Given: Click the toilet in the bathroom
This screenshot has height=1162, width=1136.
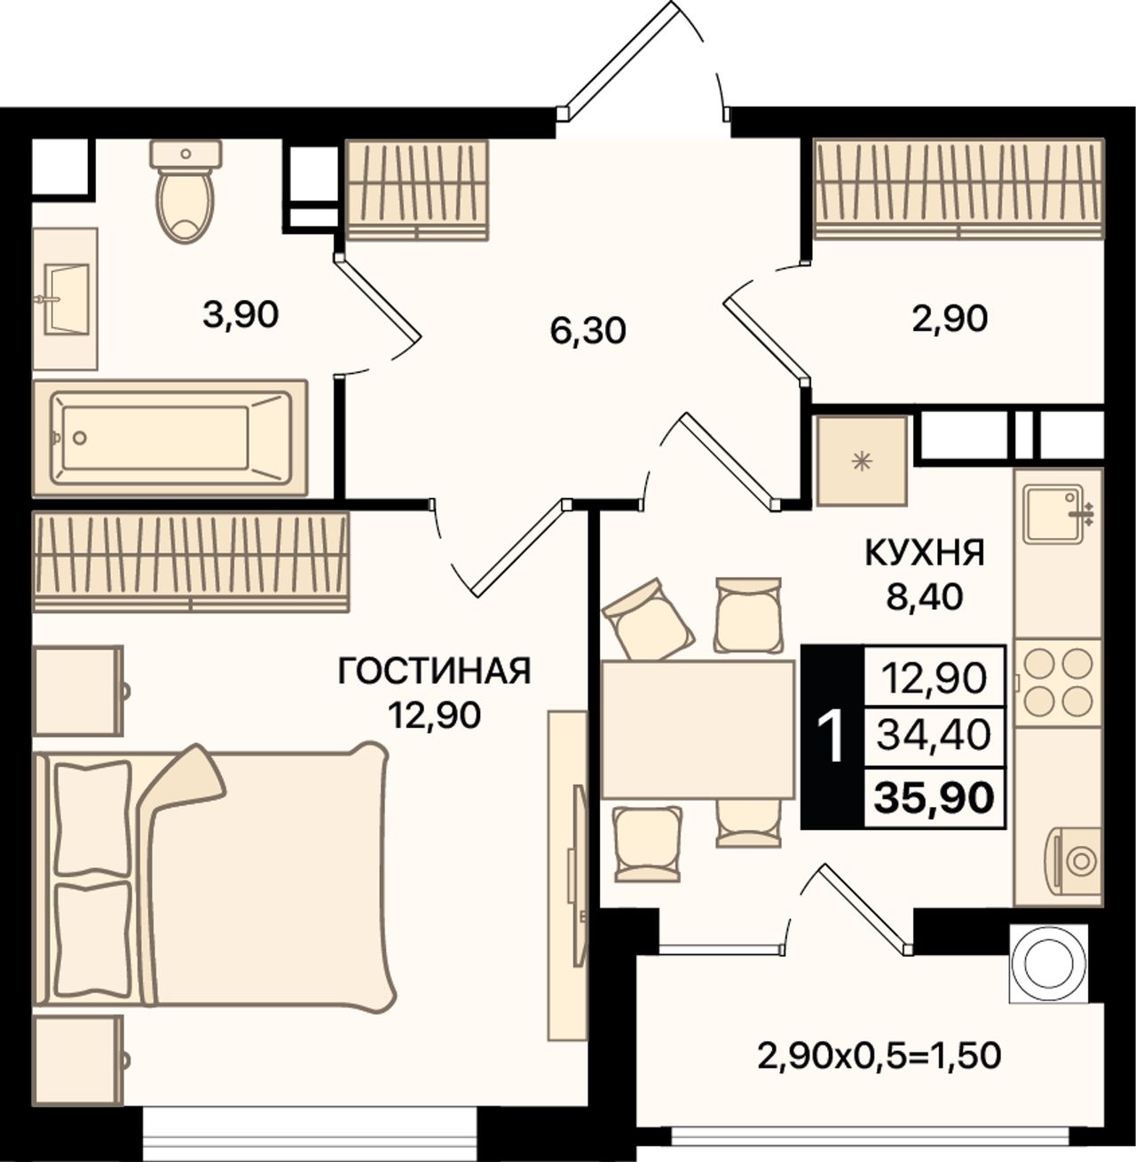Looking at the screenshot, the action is click(185, 191).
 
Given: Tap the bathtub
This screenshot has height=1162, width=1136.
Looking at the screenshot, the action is click(170, 438).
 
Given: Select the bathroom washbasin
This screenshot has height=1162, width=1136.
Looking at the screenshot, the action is click(65, 298).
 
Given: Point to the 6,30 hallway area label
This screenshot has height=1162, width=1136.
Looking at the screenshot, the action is click(588, 331).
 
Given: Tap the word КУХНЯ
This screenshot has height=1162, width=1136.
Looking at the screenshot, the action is click(925, 554).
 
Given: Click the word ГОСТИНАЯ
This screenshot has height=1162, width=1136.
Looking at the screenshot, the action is click(434, 671).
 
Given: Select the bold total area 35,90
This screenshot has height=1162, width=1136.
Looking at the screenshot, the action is click(935, 798).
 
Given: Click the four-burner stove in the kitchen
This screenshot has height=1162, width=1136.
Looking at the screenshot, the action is click(1057, 683).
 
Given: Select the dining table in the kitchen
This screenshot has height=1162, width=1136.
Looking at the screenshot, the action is click(698, 729).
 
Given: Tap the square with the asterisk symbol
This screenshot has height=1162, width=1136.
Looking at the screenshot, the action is click(862, 461).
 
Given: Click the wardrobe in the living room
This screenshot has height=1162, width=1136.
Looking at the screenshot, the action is click(191, 562).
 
